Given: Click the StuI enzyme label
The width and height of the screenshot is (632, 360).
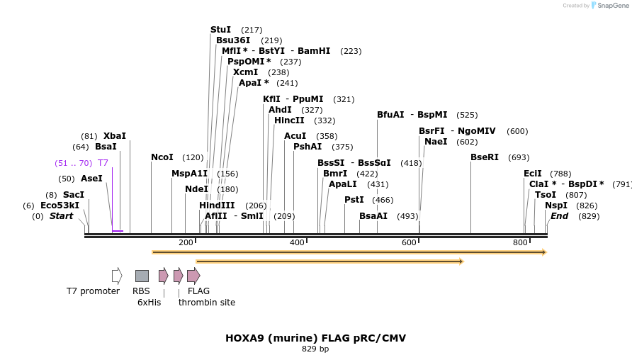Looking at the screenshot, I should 220,30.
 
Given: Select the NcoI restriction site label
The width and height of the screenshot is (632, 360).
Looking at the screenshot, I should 162,157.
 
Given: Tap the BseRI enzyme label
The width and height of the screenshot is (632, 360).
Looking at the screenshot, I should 485,157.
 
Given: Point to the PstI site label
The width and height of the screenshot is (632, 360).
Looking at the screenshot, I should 354,200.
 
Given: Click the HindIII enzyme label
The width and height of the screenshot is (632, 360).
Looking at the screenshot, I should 217,206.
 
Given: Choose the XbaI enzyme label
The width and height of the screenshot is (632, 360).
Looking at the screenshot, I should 114,136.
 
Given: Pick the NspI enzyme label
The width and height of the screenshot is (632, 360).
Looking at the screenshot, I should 556,206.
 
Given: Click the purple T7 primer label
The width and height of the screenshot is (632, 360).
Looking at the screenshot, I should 103,163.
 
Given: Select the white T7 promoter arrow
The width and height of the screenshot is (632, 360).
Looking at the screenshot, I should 117,276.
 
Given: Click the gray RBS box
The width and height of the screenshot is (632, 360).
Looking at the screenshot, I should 142,276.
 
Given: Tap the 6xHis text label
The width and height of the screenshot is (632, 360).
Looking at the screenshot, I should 149,303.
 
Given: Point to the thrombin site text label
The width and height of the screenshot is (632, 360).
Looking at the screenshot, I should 207,303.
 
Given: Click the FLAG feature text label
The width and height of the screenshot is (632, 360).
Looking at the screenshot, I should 198,291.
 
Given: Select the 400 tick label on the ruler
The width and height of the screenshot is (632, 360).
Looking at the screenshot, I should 297,243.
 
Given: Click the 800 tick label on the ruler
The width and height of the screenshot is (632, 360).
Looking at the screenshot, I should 520,243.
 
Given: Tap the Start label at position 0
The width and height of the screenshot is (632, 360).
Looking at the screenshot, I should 61,216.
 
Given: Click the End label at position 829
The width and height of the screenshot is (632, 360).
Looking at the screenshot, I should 559,216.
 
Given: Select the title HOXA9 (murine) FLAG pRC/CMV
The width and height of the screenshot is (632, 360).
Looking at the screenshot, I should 315,338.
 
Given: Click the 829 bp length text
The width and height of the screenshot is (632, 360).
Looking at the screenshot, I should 315,349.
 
